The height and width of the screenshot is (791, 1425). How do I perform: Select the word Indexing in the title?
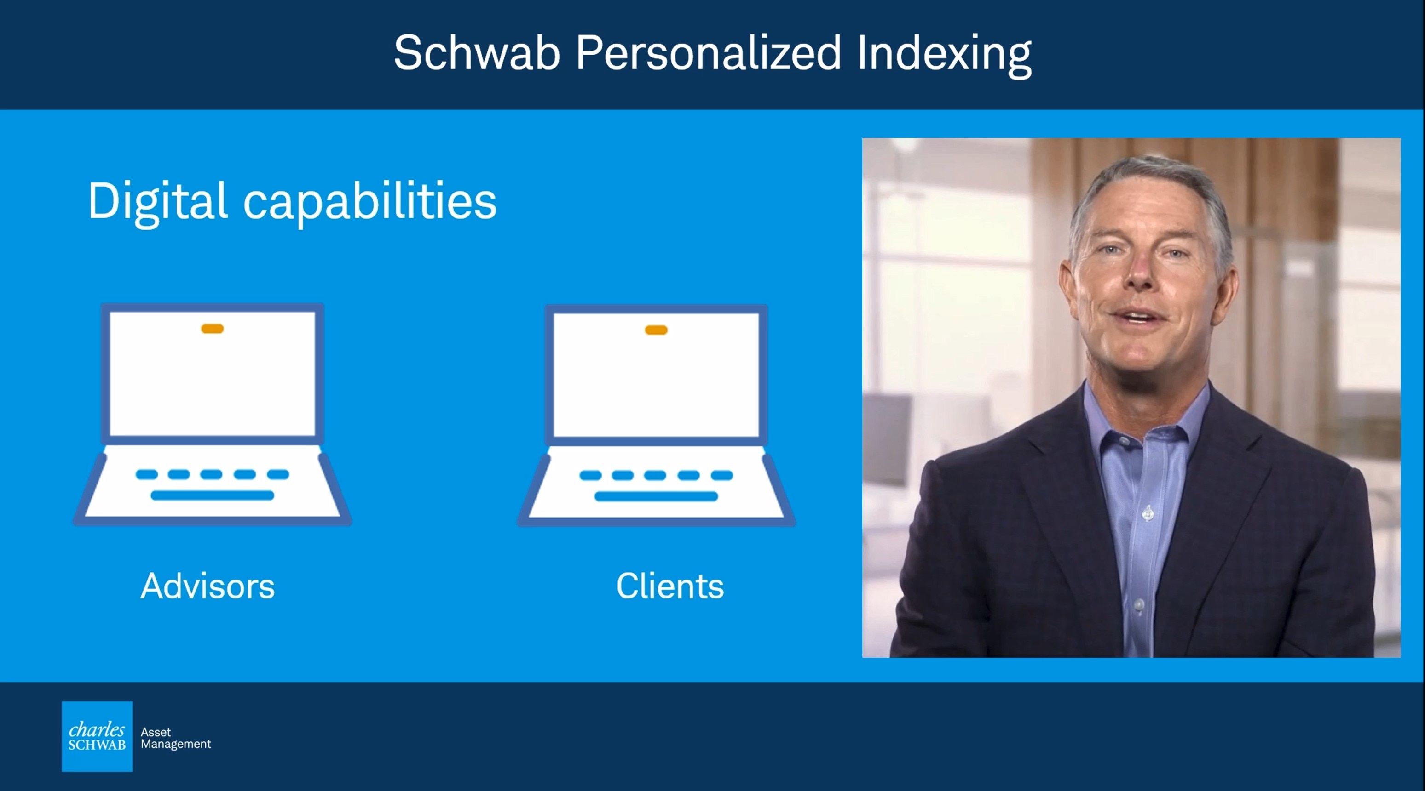click(x=944, y=55)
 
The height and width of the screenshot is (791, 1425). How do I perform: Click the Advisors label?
click(x=208, y=586)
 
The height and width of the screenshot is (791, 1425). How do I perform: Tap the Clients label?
click(x=670, y=586)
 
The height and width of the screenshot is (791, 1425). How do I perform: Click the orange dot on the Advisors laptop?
click(x=213, y=329)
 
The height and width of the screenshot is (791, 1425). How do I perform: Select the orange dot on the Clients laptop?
click(x=656, y=330)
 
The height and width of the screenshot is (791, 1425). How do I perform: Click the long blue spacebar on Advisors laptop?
click(x=213, y=495)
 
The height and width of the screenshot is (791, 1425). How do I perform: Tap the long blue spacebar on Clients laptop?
click(x=656, y=496)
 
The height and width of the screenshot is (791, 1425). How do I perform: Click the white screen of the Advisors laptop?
click(x=213, y=374)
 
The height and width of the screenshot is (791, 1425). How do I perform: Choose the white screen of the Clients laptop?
click(x=656, y=376)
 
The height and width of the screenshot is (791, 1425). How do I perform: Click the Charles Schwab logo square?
click(x=97, y=736)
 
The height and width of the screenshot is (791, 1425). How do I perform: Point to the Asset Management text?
click(x=176, y=739)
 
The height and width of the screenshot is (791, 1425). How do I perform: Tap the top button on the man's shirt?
click(x=1124, y=441)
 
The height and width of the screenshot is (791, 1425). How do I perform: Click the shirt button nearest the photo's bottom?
click(x=1139, y=606)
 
